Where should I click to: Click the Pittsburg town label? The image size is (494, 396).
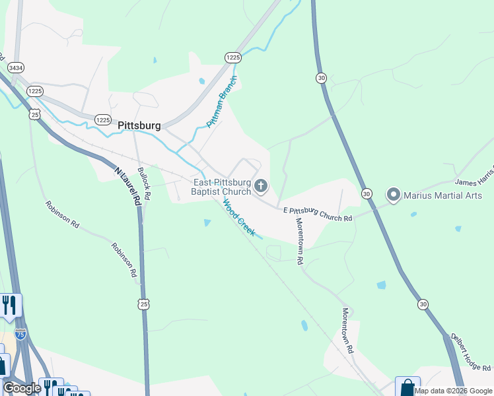click(139, 125)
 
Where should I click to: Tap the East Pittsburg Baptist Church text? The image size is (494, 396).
click(222, 187)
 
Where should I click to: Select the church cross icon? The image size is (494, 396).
click(261, 187)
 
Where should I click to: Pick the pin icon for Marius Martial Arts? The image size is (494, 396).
click(394, 194)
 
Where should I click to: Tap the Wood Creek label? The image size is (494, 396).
click(238, 218)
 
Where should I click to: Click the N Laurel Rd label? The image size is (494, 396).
click(128, 184)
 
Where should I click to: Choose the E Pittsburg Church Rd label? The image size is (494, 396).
click(318, 213)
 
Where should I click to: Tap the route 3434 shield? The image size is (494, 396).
click(16, 67)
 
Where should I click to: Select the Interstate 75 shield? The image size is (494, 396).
click(20, 334)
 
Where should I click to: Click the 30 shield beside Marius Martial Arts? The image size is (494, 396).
click(367, 193)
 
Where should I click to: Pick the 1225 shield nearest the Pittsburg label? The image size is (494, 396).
click(102, 119)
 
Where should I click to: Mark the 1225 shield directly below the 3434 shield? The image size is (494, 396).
click(35, 90)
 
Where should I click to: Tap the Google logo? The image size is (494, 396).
click(22, 388)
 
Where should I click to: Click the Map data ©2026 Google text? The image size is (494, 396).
click(454, 391)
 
